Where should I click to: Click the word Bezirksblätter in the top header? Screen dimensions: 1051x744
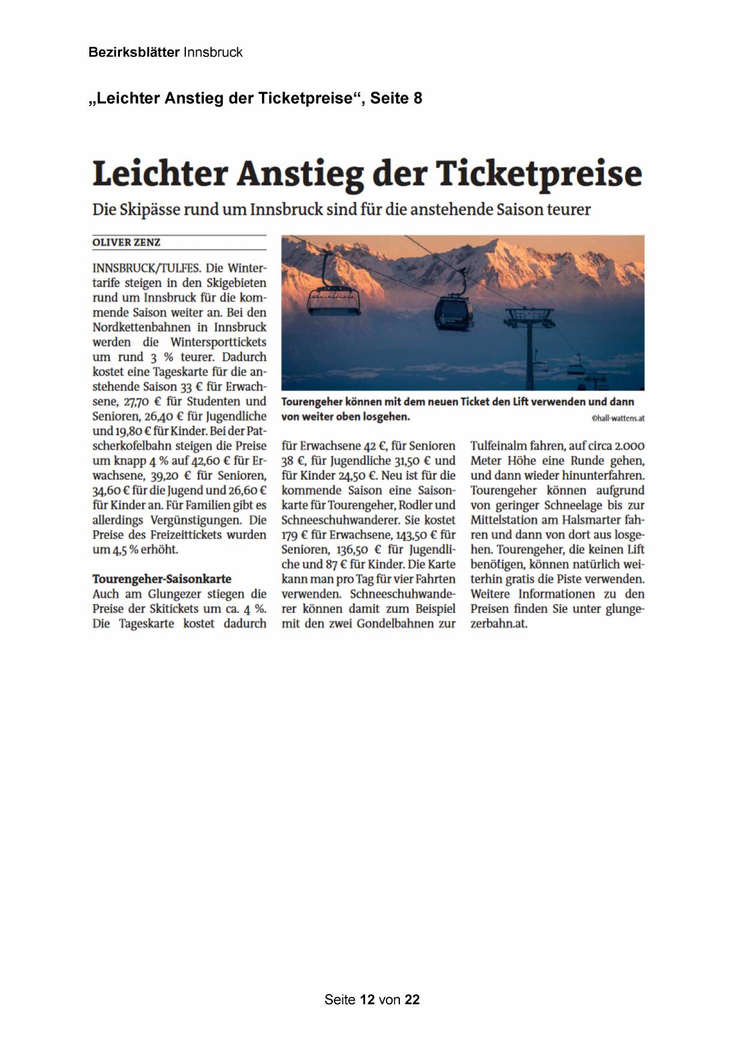point(134,52)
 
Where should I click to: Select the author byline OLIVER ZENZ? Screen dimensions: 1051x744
point(126,243)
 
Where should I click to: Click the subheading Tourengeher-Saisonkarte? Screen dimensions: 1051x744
point(162,579)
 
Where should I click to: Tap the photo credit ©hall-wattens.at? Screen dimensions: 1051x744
point(618,418)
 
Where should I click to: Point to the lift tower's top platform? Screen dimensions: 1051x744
point(530,313)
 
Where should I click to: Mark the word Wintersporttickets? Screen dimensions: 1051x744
point(218,342)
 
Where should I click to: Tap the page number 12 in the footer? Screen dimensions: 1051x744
point(368,999)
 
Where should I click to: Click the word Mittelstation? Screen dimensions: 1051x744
point(504,520)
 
